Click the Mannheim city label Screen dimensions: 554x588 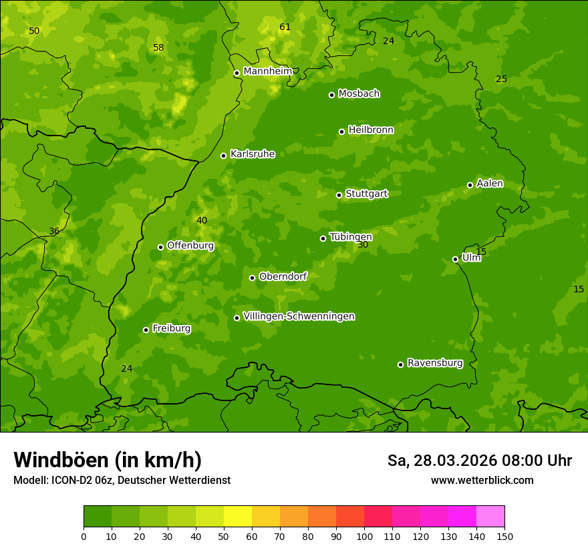point(268,71)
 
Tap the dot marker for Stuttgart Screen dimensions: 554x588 point(339,195)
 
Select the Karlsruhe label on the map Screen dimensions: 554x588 point(252,154)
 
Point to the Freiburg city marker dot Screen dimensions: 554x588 point(146,330)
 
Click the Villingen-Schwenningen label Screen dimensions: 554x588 point(299,316)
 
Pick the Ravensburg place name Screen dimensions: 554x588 point(435,363)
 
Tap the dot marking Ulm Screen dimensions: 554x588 point(455,259)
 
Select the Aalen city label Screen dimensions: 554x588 point(490,184)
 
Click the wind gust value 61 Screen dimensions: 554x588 point(285,27)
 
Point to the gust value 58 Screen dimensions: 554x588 point(158,48)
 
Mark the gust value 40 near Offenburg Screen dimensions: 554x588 point(202,221)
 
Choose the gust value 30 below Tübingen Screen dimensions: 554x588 point(363,245)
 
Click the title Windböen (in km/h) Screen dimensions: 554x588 point(108,460)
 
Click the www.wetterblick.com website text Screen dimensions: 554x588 point(482,481)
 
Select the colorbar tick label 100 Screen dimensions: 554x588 point(364,536)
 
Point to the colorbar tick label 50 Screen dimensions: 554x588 point(224,536)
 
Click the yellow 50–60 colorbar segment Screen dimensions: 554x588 point(238,517)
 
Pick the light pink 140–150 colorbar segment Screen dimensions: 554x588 point(490,517)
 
